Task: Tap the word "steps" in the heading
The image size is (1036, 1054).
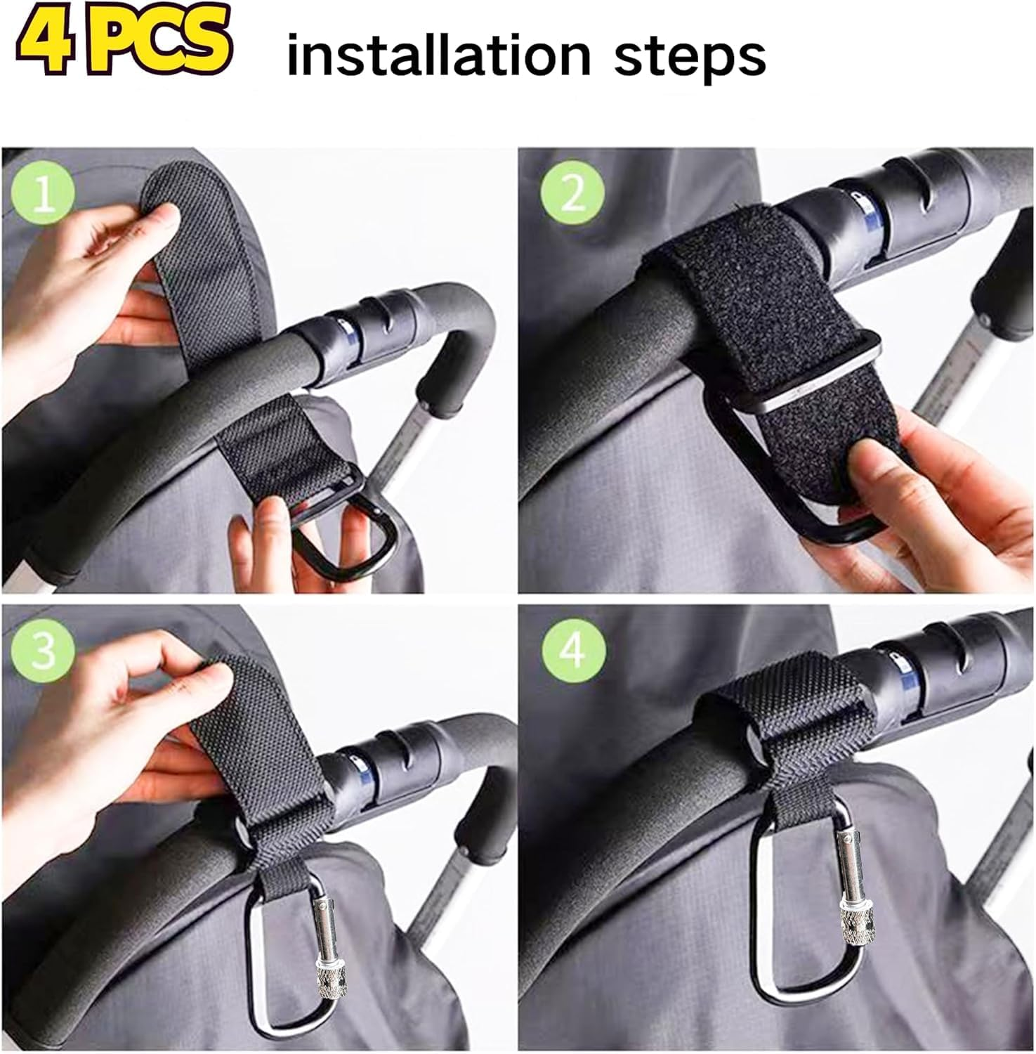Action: click(x=690, y=58)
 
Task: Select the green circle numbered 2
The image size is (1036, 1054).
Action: click(x=572, y=193)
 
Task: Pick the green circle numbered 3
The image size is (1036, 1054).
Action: click(x=44, y=651)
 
